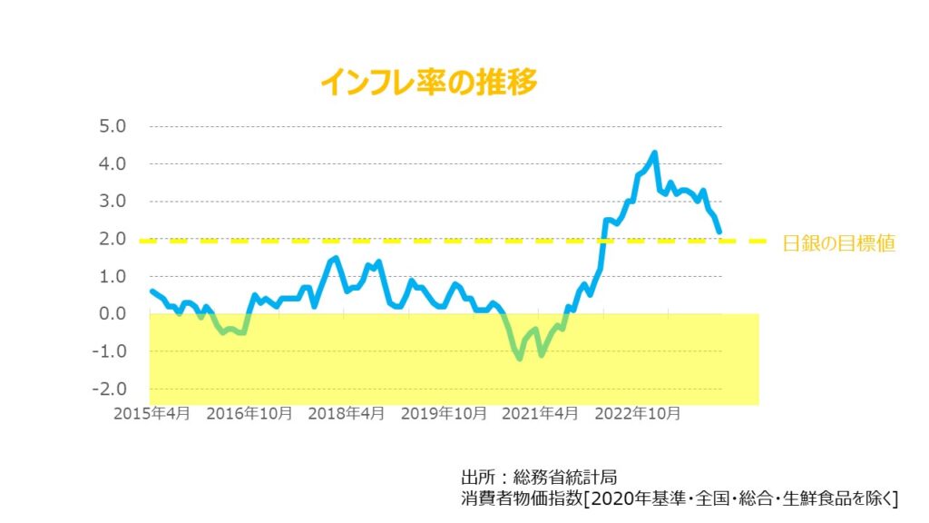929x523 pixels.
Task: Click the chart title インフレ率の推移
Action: [429, 83]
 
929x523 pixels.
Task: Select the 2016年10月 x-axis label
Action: [249, 413]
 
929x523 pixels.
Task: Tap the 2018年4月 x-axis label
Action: [346, 413]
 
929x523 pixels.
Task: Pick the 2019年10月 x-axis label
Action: [442, 413]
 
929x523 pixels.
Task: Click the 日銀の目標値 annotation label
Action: [839, 243]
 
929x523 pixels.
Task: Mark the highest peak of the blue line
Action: [654, 153]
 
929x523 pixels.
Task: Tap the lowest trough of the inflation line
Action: [520, 359]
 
